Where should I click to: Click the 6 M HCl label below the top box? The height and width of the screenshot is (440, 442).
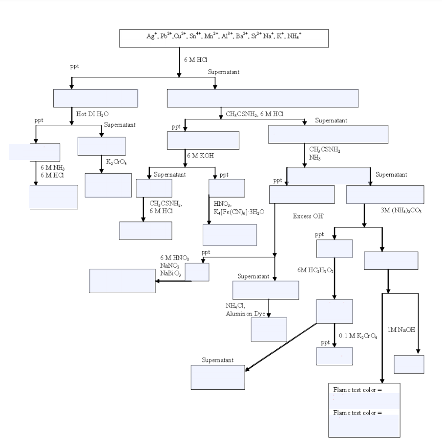click(x=195, y=60)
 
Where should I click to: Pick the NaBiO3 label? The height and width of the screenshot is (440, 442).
click(x=170, y=274)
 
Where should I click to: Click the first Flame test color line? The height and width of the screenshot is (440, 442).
click(x=358, y=390)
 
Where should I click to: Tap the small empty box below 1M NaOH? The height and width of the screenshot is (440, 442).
click(x=409, y=364)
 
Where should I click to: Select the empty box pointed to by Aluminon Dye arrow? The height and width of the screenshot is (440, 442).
click(x=269, y=329)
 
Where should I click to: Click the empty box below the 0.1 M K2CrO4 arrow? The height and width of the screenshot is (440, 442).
click(x=334, y=356)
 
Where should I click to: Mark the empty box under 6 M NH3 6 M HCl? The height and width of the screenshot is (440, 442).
click(x=53, y=197)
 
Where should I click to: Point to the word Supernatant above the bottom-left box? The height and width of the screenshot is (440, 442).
click(x=217, y=360)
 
